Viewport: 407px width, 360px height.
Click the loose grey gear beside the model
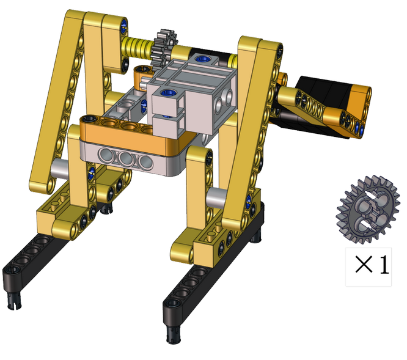tap(368, 210)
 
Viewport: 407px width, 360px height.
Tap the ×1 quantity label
tap(372, 265)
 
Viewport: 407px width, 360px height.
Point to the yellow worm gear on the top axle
tap(137, 46)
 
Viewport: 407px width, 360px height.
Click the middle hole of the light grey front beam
tap(126, 158)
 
